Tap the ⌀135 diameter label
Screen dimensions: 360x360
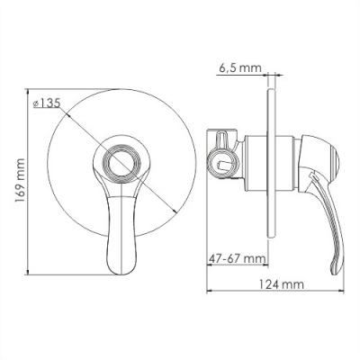click(x=46, y=103)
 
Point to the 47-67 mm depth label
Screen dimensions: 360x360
click(x=237, y=257)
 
